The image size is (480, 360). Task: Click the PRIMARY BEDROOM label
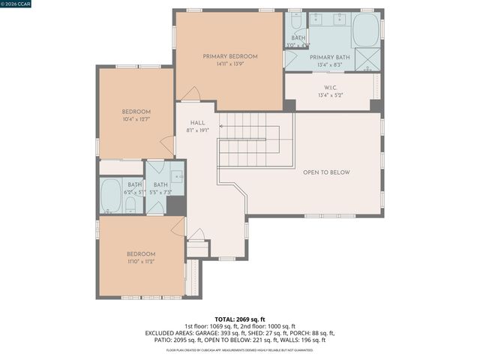pyautogui.click(x=229, y=56)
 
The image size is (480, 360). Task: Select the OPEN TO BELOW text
pyautogui.click(x=326, y=172)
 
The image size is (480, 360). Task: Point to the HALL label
pyautogui.click(x=197, y=123)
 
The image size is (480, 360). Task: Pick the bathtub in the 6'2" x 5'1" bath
pyautogui.click(x=112, y=195)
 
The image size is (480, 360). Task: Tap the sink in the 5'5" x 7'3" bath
pyautogui.click(x=177, y=177)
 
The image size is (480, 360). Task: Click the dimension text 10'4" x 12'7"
pyautogui.click(x=136, y=119)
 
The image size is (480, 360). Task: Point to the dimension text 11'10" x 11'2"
pyautogui.click(x=141, y=262)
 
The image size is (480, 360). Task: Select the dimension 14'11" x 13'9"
pyautogui.click(x=229, y=64)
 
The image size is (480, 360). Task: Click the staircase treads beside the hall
pyautogui.click(x=247, y=139)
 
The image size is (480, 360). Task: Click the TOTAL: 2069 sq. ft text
pyautogui.click(x=240, y=319)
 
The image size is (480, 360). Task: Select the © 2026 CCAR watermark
pyautogui.click(x=17, y=4)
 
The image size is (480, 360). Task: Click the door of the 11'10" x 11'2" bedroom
pyautogui.click(x=178, y=227)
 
